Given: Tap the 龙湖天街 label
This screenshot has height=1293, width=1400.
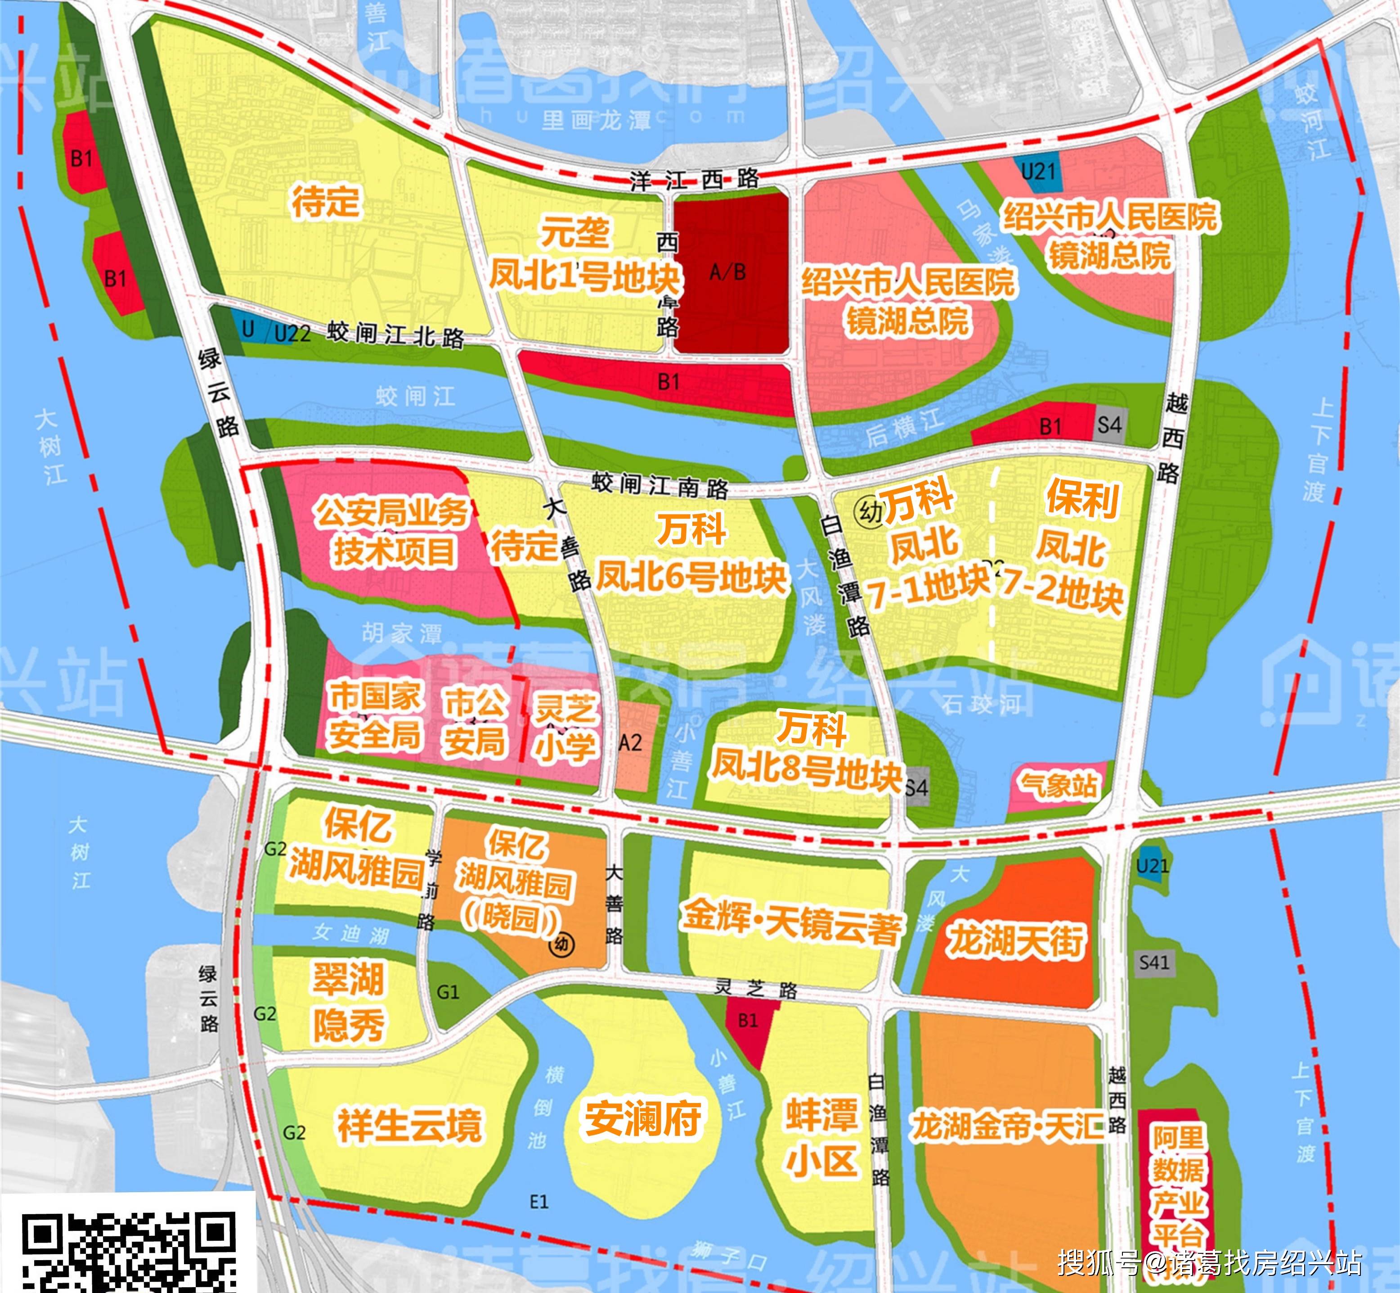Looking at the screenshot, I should coord(1015,940).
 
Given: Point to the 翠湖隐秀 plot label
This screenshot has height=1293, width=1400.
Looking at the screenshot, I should coord(348,1002).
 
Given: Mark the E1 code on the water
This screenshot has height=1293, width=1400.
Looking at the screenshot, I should coord(538,1202).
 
